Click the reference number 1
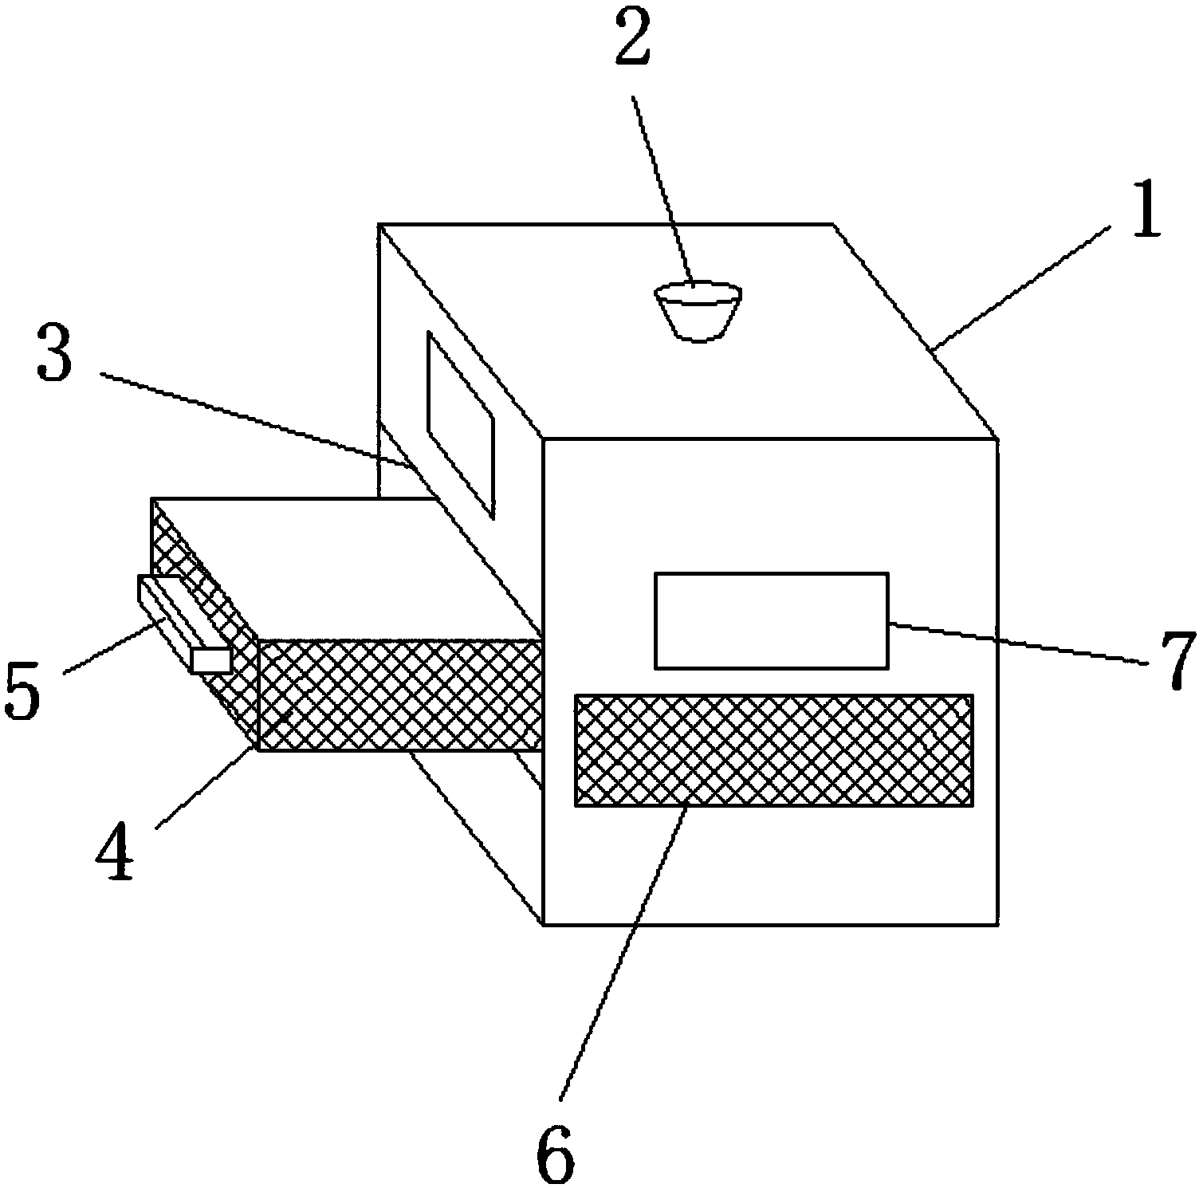tap(1146, 209)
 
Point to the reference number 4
tap(114, 856)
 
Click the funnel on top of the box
tap(698, 311)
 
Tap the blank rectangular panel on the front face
tap(770, 620)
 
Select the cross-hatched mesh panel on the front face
tap(773, 749)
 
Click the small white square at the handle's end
tap(211, 659)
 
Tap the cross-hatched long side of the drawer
tap(399, 694)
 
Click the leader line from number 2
tap(663, 191)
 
